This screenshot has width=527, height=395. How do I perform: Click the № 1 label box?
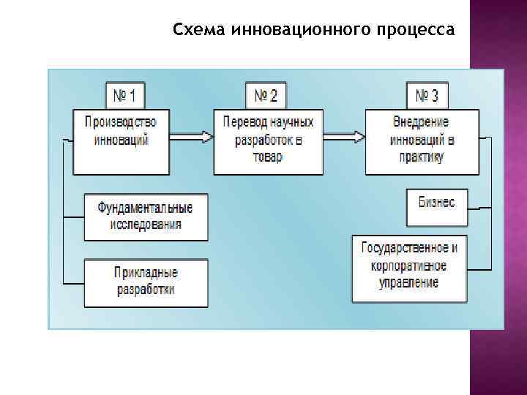pos(124,96)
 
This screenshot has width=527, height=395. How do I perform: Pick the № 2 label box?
pos(266,96)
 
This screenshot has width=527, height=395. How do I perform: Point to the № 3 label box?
pos(427,96)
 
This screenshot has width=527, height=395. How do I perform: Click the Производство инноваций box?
pos(121,140)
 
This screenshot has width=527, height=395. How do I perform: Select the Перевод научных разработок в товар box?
pos(268,141)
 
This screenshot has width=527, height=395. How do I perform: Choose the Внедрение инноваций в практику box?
pos(422,141)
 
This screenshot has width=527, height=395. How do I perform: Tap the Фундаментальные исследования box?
pos(146,217)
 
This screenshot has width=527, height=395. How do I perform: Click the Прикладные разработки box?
pos(146,282)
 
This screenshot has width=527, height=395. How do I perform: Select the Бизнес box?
pos(436,207)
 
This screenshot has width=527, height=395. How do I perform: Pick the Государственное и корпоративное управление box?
pos(409,268)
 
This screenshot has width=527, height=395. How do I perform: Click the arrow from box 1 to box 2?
pos(191,137)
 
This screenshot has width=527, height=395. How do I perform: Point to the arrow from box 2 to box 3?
pos(344,137)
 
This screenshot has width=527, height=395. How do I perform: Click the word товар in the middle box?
pos(268,157)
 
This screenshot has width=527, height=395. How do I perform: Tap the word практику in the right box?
pos(422,157)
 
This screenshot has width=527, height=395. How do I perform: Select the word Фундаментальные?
pos(146,208)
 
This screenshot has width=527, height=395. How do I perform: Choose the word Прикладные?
pos(146,274)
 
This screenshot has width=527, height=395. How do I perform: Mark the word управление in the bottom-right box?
pos(409,283)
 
